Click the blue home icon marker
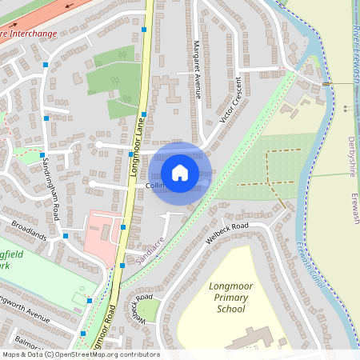(x=180, y=172)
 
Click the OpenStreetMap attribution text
(x=80, y=354)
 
